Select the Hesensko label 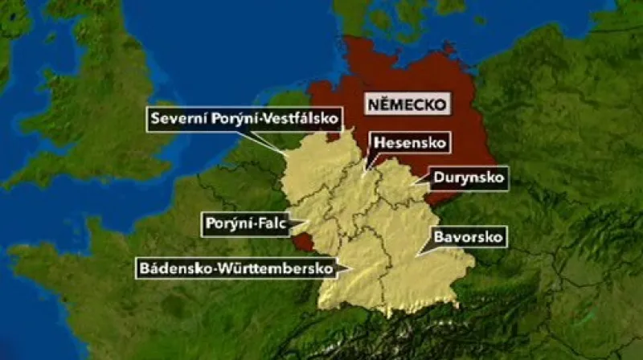pyautogui.click(x=408, y=144)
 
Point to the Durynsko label pyautogui.click(x=469, y=177)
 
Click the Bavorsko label pyautogui.click(x=468, y=237)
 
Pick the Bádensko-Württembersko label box pyautogui.click(x=235, y=268)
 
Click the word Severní pyautogui.click(x=178, y=120)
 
